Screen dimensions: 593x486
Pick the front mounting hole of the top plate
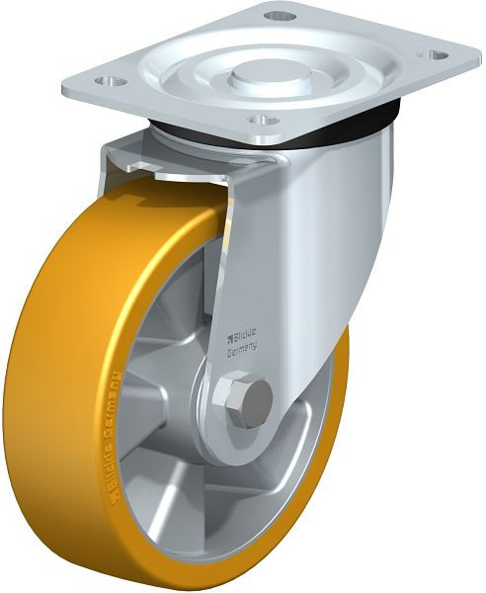click(x=258, y=121)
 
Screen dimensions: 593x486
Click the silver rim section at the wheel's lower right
click(x=296, y=474)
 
